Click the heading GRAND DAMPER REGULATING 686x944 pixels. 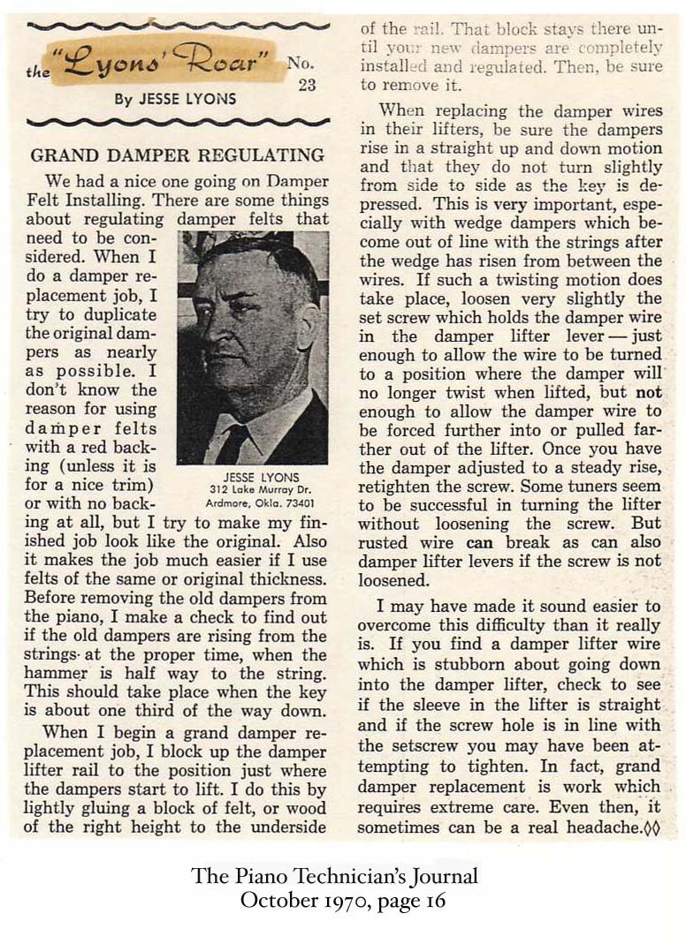(x=177, y=155)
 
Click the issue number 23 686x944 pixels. (x=307, y=85)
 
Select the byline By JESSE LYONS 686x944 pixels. (x=175, y=99)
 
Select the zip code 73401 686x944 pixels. (x=305, y=502)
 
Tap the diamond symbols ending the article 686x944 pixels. (x=653, y=827)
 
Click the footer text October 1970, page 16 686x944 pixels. (x=343, y=901)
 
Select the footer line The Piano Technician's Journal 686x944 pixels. (x=334, y=877)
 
